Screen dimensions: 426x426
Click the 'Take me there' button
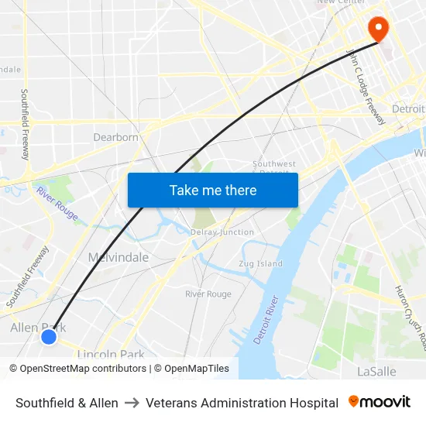point(212,191)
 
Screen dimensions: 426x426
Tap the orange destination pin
point(379,29)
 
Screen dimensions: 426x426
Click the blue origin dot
point(49,336)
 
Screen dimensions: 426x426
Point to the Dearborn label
point(115,137)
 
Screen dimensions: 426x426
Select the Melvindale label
point(118,257)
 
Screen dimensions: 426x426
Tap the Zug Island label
point(261,264)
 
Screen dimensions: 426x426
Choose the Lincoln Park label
point(111,355)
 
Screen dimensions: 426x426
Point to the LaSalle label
point(376,371)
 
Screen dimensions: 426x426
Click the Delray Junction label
point(222,232)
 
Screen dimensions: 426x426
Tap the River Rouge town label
point(208,294)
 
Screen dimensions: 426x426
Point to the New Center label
point(341,2)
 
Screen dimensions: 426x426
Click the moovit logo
point(380,402)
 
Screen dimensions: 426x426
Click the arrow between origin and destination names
point(132,403)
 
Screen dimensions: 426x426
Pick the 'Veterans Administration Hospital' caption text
point(242,403)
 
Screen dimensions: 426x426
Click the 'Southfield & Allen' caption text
point(67,403)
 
